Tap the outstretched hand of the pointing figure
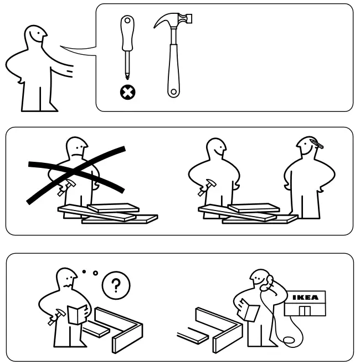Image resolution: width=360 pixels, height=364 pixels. pos(69,70)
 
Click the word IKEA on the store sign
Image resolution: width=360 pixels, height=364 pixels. pos(305,297)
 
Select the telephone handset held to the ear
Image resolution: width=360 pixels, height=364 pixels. pos(268,281)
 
